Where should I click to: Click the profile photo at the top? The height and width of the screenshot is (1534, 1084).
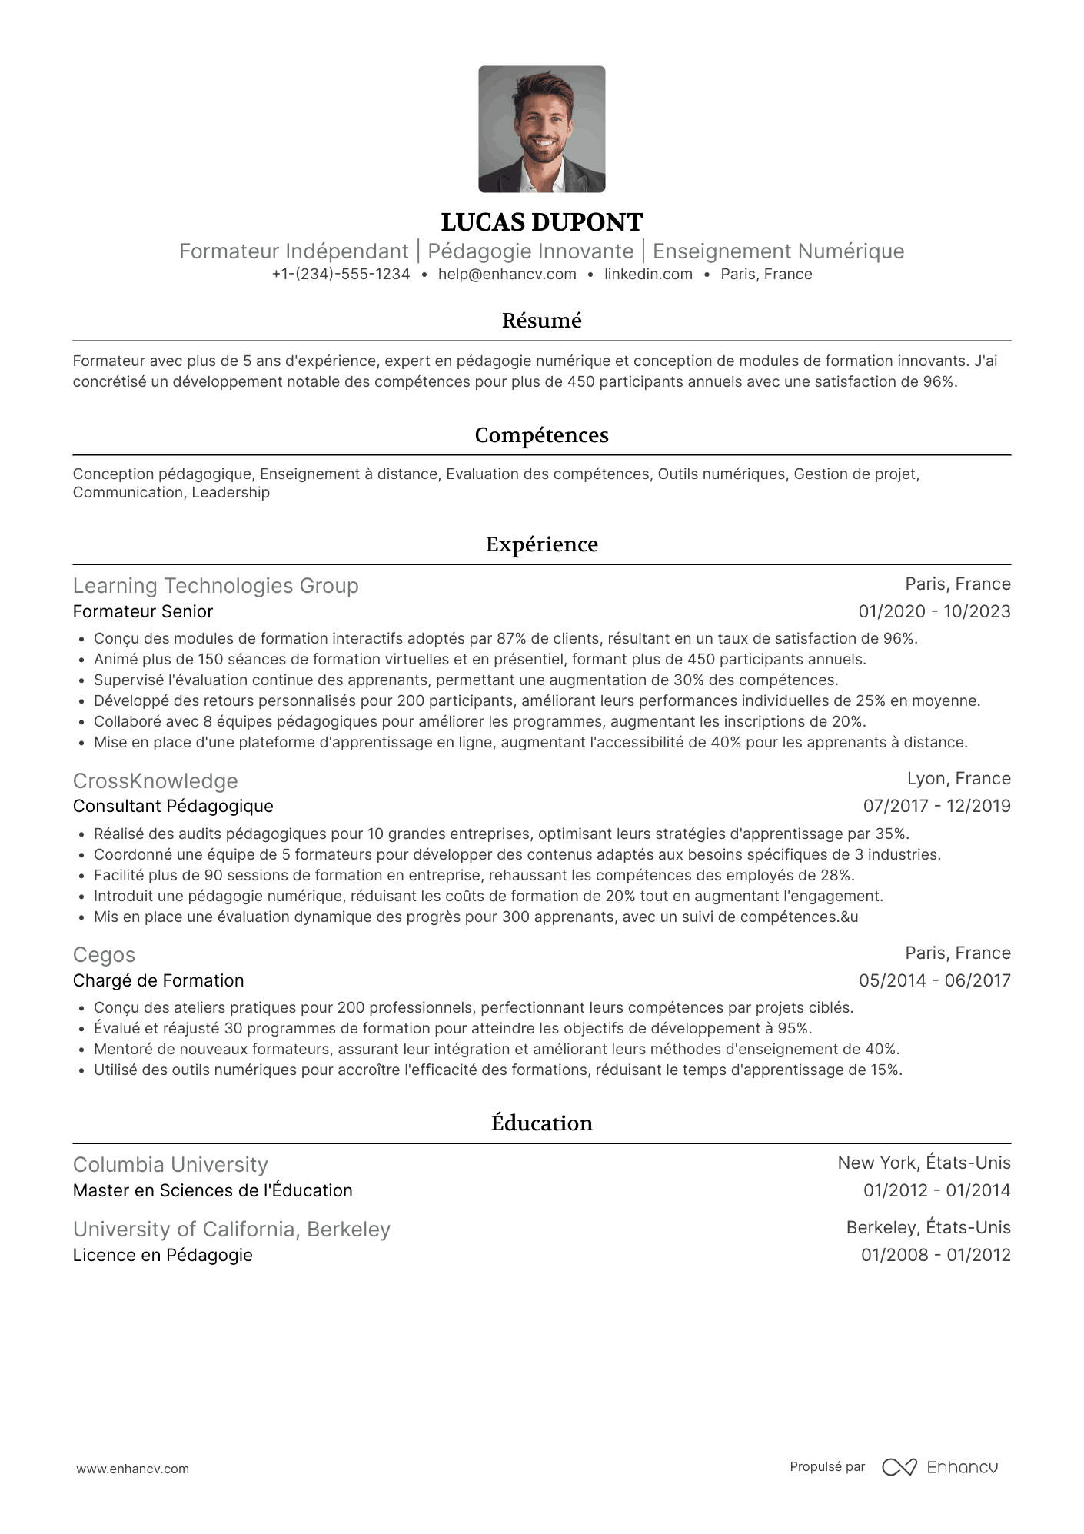click(x=541, y=129)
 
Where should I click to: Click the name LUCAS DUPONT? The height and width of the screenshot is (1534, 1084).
click(x=541, y=222)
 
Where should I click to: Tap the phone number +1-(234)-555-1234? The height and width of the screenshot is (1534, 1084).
click(x=341, y=275)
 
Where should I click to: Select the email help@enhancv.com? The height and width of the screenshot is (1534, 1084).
click(x=507, y=275)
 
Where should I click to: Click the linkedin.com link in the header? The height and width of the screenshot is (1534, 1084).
click(x=648, y=275)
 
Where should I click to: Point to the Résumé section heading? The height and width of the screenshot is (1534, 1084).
click(x=541, y=321)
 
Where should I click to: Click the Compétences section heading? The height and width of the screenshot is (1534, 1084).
click(x=541, y=435)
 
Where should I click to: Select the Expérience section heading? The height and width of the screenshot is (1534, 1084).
click(x=541, y=544)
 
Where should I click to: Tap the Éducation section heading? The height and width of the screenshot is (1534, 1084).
click(x=541, y=1123)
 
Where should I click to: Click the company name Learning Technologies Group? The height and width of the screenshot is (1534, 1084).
click(x=215, y=586)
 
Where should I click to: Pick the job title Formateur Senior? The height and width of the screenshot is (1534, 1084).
click(x=143, y=612)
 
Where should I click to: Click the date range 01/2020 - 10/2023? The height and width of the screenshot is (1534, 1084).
click(x=934, y=612)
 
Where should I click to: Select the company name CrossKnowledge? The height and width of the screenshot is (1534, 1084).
click(x=155, y=781)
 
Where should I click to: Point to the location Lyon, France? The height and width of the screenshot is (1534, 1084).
click(x=959, y=779)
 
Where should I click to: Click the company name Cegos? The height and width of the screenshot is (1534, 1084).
click(x=104, y=955)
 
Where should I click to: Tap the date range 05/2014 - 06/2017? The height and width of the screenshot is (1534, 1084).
click(x=934, y=981)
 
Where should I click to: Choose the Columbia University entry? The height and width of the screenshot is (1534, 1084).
click(x=171, y=1165)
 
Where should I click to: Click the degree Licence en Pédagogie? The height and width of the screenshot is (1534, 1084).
click(x=163, y=1256)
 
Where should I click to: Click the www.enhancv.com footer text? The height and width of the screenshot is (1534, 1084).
click(x=132, y=1469)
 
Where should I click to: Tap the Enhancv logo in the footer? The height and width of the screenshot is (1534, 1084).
click(x=939, y=1468)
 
